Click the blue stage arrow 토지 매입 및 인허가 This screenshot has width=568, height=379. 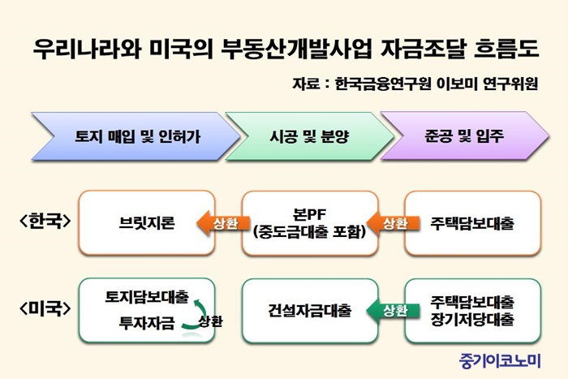[x=136, y=136]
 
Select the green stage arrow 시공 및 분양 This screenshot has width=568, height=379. [x=310, y=136]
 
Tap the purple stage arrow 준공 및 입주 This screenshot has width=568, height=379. [x=465, y=136]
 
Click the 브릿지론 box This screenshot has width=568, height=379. [x=147, y=223]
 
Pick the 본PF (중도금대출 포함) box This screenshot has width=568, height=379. [x=310, y=223]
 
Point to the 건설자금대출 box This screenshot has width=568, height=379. [x=310, y=311]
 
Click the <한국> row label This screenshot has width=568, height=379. [x=45, y=221]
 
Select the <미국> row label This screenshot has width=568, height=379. [x=45, y=308]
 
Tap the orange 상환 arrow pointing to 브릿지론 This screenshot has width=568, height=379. [x=223, y=223]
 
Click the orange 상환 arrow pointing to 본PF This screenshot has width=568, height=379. [x=394, y=223]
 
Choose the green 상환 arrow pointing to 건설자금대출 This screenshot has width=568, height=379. [x=394, y=311]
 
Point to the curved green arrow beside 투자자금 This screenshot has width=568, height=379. [x=200, y=315]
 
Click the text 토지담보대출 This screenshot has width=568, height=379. [x=147, y=297]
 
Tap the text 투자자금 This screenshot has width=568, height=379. [x=147, y=323]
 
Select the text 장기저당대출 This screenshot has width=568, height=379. [x=472, y=319]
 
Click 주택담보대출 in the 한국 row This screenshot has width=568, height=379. [x=472, y=223]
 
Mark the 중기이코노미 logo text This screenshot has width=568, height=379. [x=500, y=360]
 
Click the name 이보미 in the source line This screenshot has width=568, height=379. [x=456, y=84]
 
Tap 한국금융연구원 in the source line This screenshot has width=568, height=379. [x=383, y=84]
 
